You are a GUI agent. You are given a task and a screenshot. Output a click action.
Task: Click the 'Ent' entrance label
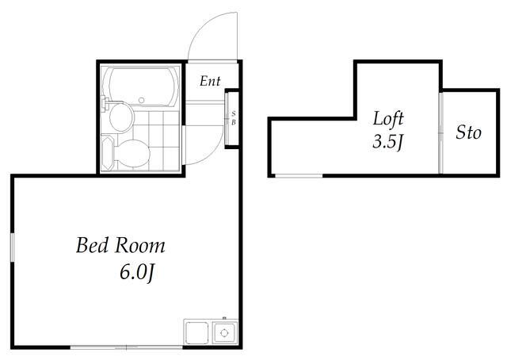[x=210, y=81]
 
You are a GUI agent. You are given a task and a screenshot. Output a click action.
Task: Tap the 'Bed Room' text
[x=120, y=245]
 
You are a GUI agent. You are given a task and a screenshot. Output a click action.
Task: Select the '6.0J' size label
[x=137, y=273]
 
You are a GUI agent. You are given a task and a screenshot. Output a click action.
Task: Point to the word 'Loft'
[x=388, y=118]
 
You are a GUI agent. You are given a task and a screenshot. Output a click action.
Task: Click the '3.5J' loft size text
[x=387, y=141]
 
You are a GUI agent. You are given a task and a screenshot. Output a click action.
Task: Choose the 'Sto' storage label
[x=468, y=132]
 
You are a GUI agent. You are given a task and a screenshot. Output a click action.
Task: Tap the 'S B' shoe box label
[x=234, y=118]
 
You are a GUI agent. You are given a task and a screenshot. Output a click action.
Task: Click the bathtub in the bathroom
[x=141, y=86]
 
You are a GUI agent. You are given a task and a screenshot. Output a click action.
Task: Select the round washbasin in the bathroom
[x=121, y=117]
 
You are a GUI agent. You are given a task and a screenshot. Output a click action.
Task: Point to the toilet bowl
[x=132, y=154]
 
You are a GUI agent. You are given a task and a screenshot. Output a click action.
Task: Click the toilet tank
[x=108, y=153]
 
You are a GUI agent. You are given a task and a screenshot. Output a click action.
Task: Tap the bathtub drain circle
[x=141, y=101]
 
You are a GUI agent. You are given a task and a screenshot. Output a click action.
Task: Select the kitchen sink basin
[x=196, y=333]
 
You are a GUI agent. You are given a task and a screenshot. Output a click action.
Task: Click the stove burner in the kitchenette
[x=224, y=333]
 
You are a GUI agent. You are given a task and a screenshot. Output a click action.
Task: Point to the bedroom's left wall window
[x=13, y=247]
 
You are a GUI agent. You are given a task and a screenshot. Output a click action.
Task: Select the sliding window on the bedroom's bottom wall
[x=127, y=347]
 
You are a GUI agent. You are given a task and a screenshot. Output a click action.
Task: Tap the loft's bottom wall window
[x=299, y=176]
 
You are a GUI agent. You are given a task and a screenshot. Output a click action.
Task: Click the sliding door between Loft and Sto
[x=440, y=133]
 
